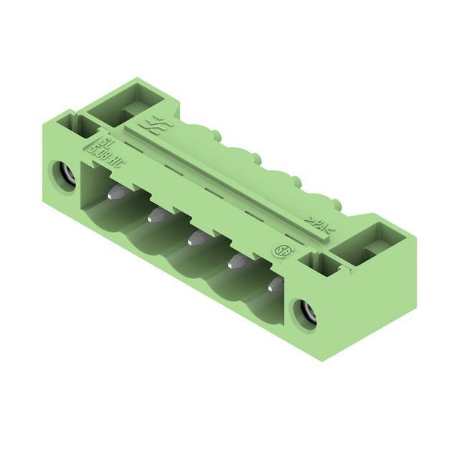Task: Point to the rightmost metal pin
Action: (275, 285)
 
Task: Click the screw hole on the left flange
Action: (63, 174)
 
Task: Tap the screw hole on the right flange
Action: (304, 313)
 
